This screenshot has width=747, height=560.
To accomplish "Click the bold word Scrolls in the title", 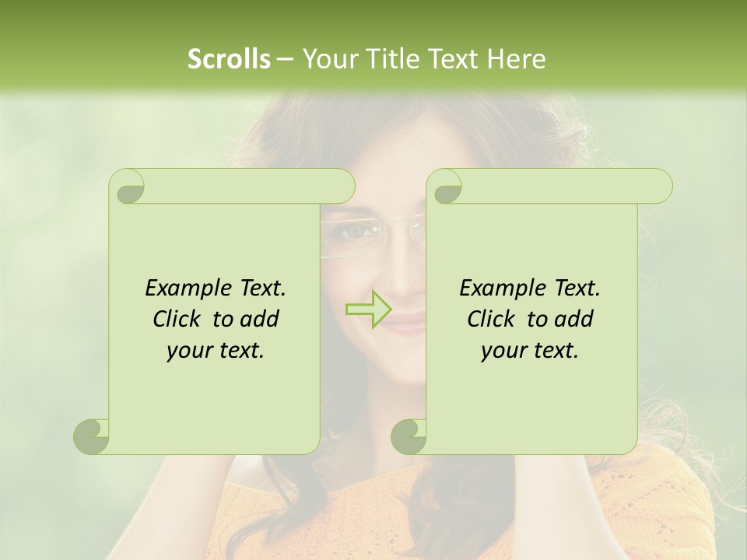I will [229, 59].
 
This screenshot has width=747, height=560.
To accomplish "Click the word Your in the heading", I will [328, 59].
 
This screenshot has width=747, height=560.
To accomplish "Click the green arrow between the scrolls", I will [369, 309].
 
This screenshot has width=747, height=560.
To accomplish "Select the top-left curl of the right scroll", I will [446, 187].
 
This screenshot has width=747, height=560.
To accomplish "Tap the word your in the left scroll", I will [188, 351].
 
